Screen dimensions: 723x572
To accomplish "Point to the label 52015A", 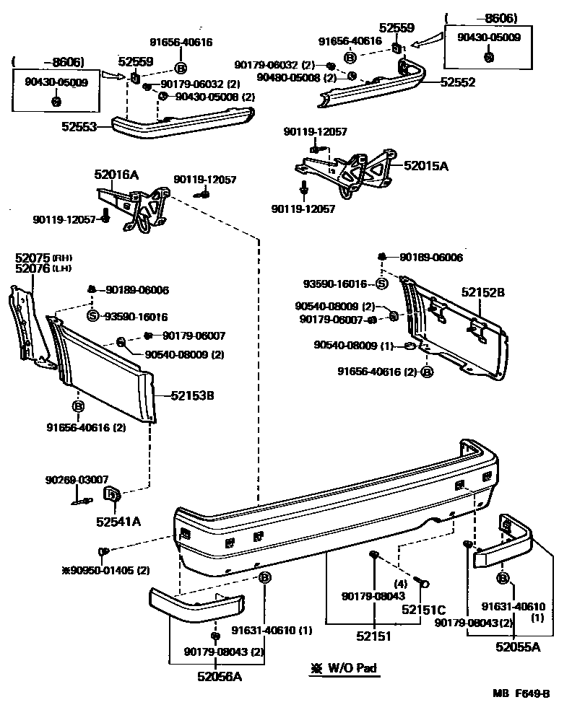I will pyautogui.click(x=426, y=165).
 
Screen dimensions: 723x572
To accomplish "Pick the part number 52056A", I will pyautogui.click(x=220, y=676).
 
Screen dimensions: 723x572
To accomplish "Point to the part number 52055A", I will pyautogui.click(x=518, y=647).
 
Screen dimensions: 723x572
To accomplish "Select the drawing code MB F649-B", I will pyautogui.click(x=521, y=694).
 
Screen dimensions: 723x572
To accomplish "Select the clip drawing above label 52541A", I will pyautogui.click(x=113, y=495).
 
